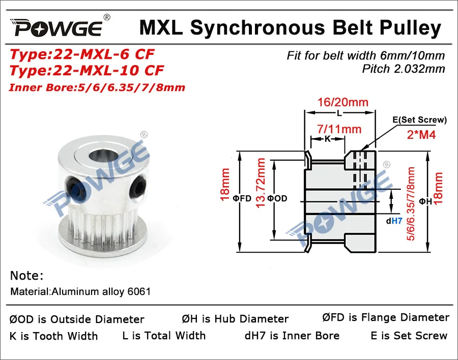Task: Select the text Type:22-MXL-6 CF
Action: pos(82,54)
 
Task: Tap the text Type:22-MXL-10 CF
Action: pos(87,70)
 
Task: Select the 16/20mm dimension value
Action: pos(341,102)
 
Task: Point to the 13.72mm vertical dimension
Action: pos(261,194)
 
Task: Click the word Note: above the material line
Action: pos(27,276)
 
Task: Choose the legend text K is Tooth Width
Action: pos(53,336)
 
